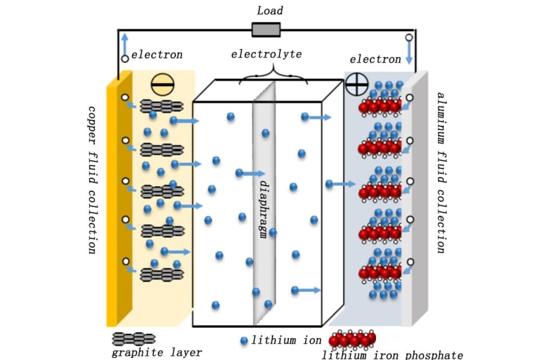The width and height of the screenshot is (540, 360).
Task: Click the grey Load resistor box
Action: point(266,30)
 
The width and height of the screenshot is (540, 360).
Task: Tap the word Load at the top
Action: point(270,10)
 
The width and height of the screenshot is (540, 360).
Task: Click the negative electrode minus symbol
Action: point(162,85)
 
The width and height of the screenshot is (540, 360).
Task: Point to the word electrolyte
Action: point(266,54)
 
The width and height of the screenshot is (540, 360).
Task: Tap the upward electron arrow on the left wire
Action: point(125,43)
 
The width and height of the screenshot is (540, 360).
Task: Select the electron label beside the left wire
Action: point(157,55)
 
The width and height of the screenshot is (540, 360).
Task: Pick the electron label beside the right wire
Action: point(375,59)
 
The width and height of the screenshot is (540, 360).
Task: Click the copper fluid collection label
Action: point(92,180)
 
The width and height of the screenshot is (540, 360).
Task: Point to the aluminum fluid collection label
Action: point(441,173)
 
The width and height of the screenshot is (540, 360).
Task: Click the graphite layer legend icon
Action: point(134,339)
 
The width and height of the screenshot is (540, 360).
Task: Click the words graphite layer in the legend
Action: point(157,352)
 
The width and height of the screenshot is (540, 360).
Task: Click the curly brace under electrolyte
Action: point(274,74)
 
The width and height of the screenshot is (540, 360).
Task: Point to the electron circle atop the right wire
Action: point(409,37)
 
